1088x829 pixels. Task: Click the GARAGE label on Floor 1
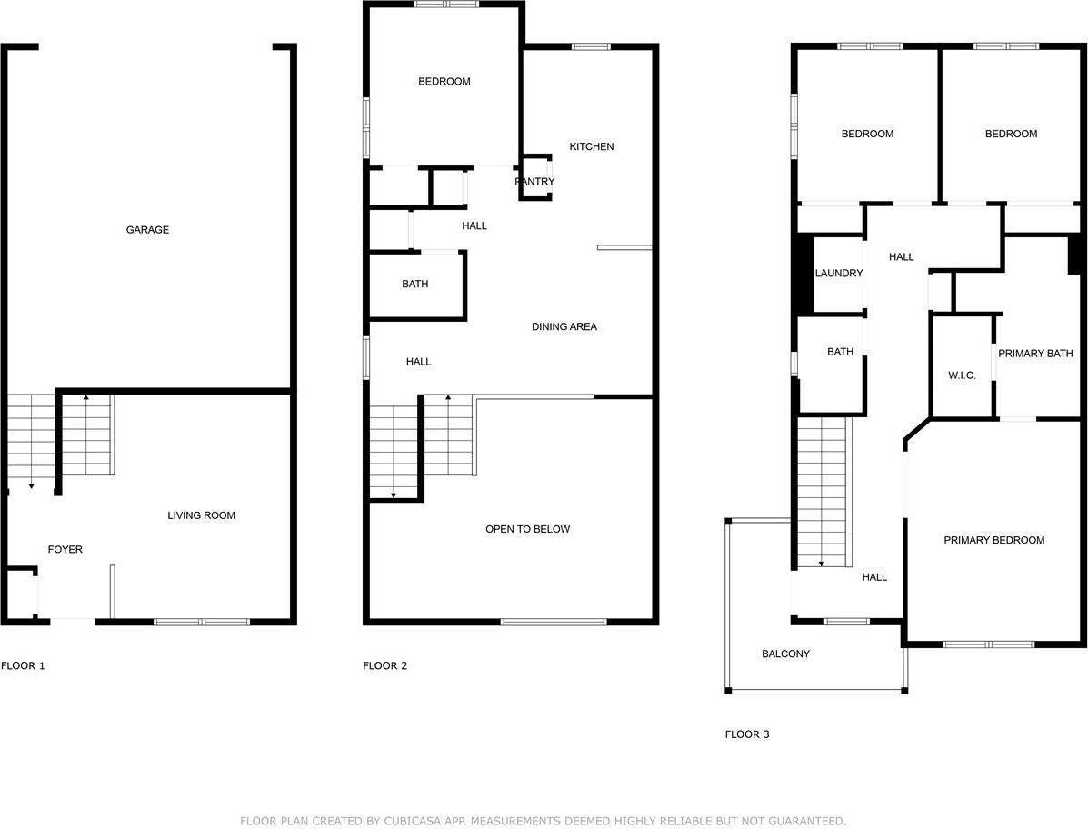(x=147, y=230)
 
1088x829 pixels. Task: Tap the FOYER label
(x=65, y=549)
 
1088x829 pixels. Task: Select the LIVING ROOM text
(x=201, y=515)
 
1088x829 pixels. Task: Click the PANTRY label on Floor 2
(x=534, y=182)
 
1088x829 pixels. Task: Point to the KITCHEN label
(x=592, y=146)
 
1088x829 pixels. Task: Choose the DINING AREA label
(x=564, y=326)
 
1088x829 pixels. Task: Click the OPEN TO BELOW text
(x=528, y=529)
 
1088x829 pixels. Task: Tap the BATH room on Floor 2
(x=415, y=284)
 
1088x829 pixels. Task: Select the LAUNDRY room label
(x=839, y=273)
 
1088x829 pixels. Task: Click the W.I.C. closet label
(x=962, y=375)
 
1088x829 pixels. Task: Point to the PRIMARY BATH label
(x=1035, y=354)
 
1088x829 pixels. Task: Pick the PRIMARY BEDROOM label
(x=993, y=540)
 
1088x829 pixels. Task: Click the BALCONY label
(x=785, y=654)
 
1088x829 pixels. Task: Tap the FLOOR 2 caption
(x=385, y=665)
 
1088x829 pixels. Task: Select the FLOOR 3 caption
(x=747, y=734)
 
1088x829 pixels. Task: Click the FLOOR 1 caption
(x=23, y=665)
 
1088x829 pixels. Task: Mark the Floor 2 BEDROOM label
(x=444, y=82)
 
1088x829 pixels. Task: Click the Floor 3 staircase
(x=823, y=491)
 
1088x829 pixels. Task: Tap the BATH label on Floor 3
(x=841, y=352)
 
